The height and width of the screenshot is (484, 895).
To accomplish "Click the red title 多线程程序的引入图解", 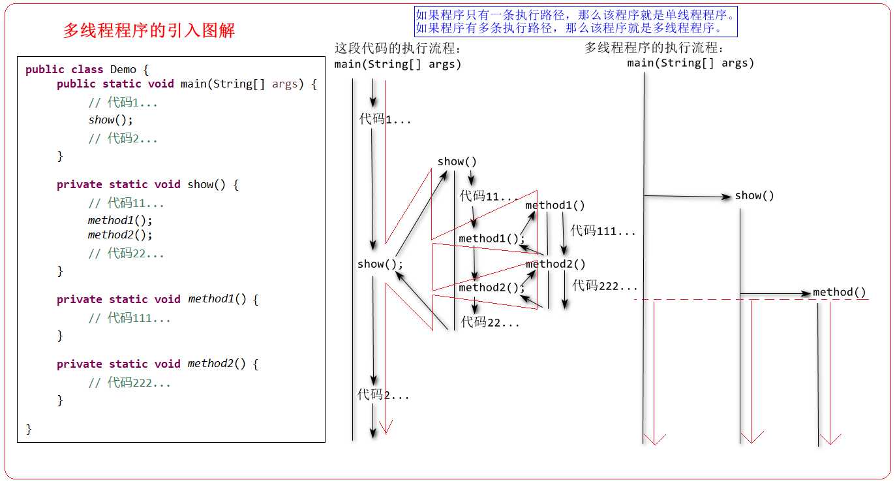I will (149, 31).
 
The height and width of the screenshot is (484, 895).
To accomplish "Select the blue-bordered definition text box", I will (575, 22).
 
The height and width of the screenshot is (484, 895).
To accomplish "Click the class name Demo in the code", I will (123, 69).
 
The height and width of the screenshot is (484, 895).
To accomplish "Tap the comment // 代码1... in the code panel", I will (123, 103).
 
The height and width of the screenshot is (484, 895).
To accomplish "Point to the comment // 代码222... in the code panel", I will (129, 383).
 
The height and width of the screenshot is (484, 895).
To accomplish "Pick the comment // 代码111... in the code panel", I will (129, 318).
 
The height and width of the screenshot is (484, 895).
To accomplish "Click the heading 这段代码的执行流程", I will (398, 48).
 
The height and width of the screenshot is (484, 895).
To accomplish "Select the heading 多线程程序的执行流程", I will (655, 48).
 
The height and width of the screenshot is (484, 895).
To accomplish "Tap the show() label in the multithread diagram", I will (754, 196).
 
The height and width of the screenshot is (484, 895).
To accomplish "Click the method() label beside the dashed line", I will (839, 293).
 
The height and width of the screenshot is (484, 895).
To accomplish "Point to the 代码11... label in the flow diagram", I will (489, 196).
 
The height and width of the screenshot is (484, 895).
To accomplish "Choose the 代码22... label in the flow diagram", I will (490, 322).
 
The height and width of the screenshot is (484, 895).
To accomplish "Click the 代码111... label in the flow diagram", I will (603, 231).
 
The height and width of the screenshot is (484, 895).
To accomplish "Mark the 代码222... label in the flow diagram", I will (605, 285).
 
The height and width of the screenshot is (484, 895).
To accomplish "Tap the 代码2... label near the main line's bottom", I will (383, 395).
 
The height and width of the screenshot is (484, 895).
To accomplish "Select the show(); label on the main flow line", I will (380, 265).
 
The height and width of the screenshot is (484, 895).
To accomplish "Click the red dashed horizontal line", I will (718, 300).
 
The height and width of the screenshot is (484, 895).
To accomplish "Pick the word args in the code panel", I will (284, 84).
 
